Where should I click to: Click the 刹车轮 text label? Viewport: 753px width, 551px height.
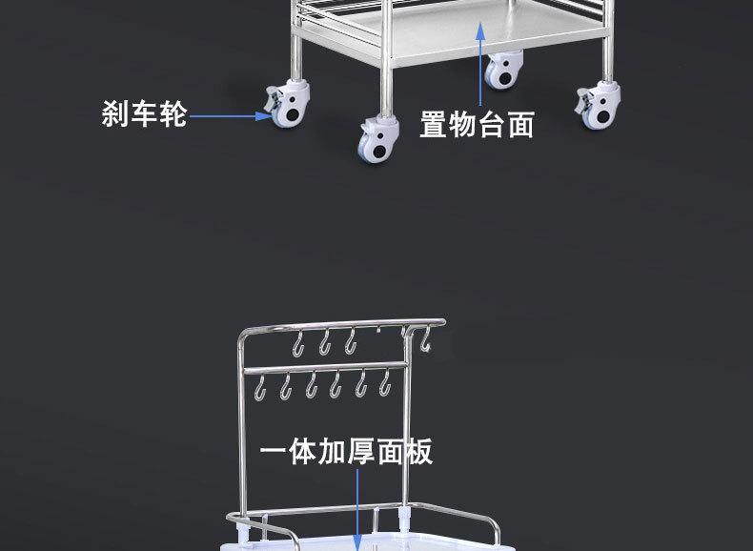pos(144,115)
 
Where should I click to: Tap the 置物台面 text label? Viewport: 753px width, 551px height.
pos(477,125)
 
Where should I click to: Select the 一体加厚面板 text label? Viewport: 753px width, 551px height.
pos(347,451)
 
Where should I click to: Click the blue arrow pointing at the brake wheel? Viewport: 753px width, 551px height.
pos(229,116)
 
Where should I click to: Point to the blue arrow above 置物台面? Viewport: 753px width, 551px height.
pos(482,62)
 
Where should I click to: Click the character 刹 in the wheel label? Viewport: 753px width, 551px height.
pos(115,115)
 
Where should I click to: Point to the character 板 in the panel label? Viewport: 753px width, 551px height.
pos(418,451)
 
